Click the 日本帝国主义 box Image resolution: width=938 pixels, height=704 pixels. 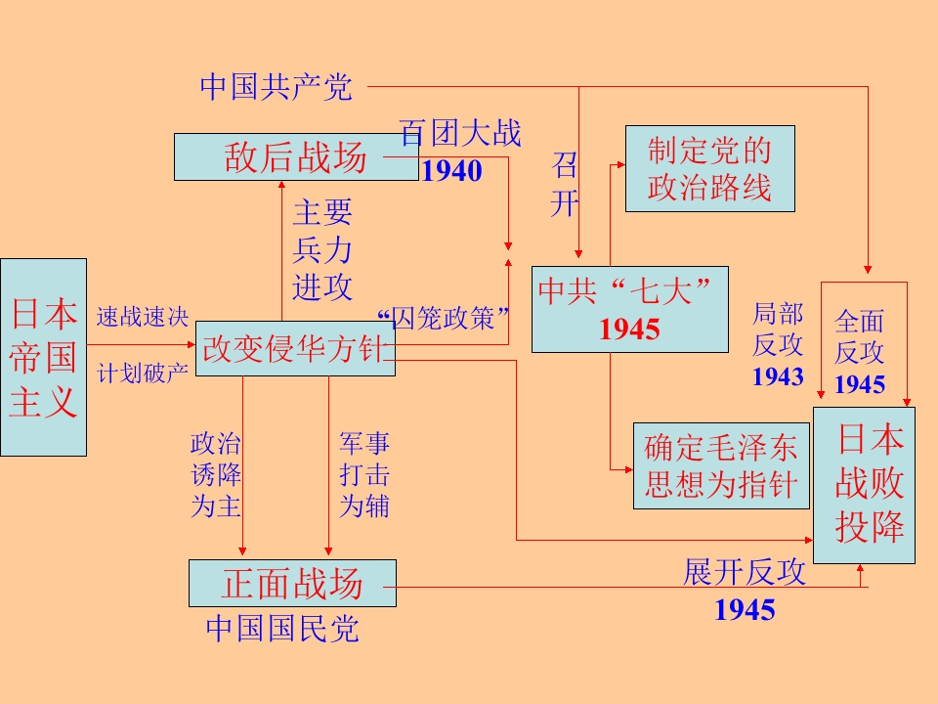[43, 357]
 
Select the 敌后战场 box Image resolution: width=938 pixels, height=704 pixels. [296, 156]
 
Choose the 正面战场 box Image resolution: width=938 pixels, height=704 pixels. [292, 584]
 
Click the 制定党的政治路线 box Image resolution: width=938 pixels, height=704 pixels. [709, 168]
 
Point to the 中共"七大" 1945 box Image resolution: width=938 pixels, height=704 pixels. [629, 309]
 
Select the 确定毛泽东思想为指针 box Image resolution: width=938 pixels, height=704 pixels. [721, 465]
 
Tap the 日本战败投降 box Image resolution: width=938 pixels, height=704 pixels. [865, 485]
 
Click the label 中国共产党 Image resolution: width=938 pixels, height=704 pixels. [276, 87]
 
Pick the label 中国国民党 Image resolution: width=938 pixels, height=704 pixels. [282, 628]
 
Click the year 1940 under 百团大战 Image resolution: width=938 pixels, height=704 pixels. [451, 172]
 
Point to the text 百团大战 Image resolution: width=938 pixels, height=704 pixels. [460, 134]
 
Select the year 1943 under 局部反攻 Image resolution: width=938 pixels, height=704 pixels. [778, 376]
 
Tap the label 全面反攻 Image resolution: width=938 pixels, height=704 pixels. [860, 335]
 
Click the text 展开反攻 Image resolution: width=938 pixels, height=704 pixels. [745, 573]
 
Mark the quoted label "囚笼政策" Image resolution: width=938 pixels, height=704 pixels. [445, 319]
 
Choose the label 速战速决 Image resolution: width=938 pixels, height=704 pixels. [142, 317]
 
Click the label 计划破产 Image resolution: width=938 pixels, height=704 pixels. [142, 374]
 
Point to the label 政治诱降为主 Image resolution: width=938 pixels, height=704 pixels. [216, 475]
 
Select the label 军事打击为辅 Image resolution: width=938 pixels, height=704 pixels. [364, 475]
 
